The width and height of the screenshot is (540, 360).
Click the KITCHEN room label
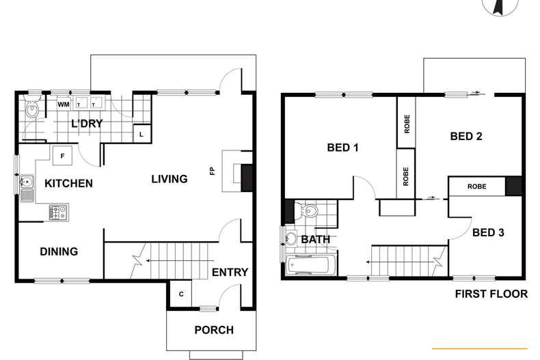tap(68, 183)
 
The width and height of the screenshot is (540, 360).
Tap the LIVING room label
tap(169, 179)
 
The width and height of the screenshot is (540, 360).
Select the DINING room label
tap(58, 251)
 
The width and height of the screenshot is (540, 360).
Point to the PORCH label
tap(214, 330)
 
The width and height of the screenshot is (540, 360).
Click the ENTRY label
tap(230, 273)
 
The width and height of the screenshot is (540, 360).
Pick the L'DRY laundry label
tap(87, 123)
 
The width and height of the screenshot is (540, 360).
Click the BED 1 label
tap(343, 148)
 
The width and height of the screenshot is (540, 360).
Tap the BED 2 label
tap(466, 136)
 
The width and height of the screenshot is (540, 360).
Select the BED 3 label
tap(488, 233)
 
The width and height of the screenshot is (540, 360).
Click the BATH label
tap(315, 239)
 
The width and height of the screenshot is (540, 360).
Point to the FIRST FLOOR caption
tap(491, 294)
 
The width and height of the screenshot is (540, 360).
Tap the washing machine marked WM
tap(64, 105)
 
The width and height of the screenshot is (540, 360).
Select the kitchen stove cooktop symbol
tap(57, 212)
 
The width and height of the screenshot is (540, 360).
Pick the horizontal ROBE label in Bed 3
tap(476, 186)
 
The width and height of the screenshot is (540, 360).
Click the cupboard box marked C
tap(180, 294)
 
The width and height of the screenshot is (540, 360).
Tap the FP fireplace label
tap(213, 171)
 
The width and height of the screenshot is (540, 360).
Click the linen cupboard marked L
tap(141, 134)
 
